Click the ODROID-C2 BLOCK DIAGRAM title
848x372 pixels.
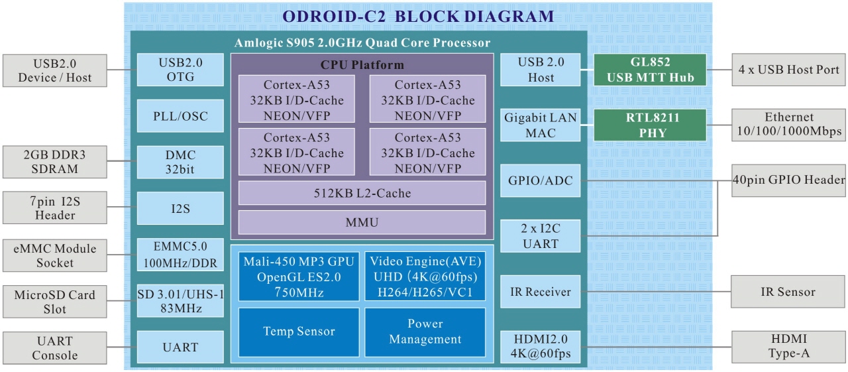click(x=418, y=17)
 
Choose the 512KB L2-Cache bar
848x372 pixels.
click(x=362, y=194)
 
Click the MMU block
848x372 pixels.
click(x=362, y=222)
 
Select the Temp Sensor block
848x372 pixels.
click(x=299, y=332)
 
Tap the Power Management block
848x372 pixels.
click(x=425, y=332)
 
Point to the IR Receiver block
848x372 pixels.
click(x=540, y=292)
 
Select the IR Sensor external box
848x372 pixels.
click(x=788, y=292)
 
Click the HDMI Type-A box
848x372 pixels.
click(x=788, y=347)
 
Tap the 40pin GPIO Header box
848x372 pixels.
click(x=788, y=180)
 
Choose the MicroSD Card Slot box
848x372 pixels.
click(x=54, y=302)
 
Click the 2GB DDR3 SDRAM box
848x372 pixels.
click(x=54, y=162)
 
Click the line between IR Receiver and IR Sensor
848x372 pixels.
click(x=656, y=292)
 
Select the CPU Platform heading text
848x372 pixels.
click(x=362, y=65)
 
